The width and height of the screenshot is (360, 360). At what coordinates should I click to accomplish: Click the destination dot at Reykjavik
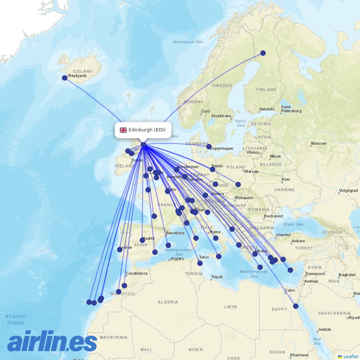[65, 78]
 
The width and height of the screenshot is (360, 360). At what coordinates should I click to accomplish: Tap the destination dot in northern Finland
[263, 53]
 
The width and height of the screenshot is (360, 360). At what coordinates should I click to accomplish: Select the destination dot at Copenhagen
[209, 147]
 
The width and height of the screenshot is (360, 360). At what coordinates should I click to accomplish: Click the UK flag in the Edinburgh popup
[123, 130]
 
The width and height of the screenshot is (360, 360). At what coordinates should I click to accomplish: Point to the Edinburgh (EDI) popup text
[147, 130]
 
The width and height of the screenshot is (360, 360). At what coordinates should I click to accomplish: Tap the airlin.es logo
[52, 342]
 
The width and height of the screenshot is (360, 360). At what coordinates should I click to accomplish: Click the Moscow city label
[319, 143]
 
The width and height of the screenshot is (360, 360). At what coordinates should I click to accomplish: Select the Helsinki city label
[266, 109]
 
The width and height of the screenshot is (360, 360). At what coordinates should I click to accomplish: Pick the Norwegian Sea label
[188, 42]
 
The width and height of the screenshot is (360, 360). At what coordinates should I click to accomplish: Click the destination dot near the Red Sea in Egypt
[296, 306]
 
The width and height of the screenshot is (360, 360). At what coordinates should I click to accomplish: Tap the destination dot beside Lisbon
[120, 249]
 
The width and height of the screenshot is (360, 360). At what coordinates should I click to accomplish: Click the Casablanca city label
[136, 273]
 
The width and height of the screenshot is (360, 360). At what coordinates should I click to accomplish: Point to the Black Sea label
[293, 224]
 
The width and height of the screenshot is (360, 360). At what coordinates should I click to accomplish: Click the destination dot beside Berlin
[212, 169]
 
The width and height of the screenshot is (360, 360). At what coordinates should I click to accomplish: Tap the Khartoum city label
[299, 355]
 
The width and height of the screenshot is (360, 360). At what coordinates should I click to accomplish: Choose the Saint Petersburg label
[291, 109]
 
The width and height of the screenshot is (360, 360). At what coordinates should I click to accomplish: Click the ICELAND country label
[82, 71]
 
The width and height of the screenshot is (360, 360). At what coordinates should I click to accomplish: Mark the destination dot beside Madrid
[142, 240]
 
